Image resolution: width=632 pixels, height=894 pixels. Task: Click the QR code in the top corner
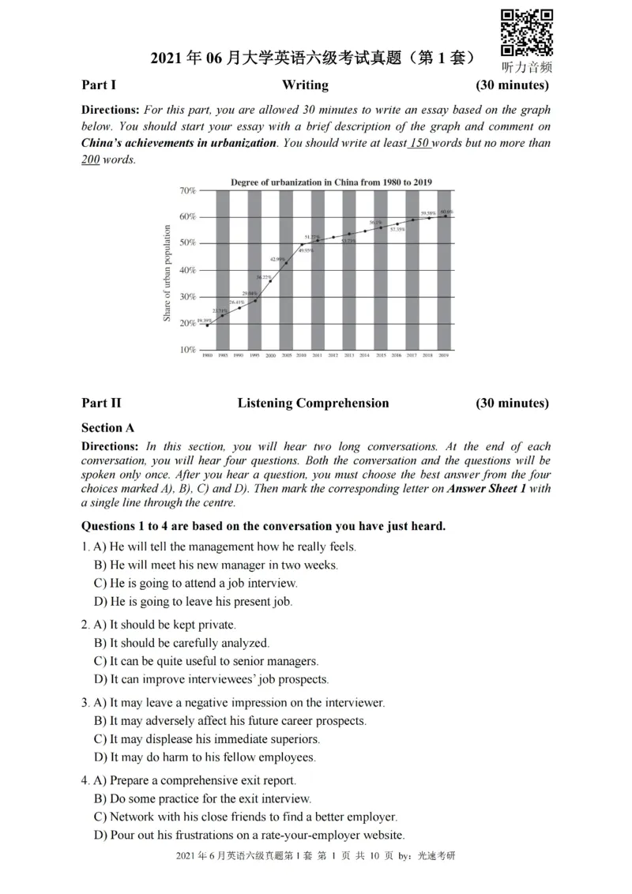(x=527, y=32)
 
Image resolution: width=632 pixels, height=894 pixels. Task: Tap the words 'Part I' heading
(x=99, y=85)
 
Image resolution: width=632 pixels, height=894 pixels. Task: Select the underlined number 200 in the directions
(x=91, y=160)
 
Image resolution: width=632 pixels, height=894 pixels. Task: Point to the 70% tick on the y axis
(x=187, y=190)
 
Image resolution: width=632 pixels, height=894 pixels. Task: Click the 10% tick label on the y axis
(x=187, y=350)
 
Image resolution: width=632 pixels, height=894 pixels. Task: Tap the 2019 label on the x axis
(x=444, y=357)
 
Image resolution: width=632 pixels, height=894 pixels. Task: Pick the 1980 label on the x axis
(x=208, y=357)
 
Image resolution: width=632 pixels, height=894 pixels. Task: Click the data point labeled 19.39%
(x=208, y=325)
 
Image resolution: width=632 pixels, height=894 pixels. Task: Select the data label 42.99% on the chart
(x=277, y=259)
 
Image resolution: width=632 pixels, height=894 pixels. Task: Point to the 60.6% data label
(x=446, y=212)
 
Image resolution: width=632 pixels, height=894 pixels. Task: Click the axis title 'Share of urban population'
(x=167, y=272)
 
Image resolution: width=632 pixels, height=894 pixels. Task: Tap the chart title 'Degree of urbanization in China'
(x=331, y=182)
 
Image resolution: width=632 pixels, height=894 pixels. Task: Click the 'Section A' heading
(x=107, y=428)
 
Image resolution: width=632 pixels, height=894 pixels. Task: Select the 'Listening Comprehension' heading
(x=313, y=404)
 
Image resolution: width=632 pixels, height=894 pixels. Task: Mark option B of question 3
(x=230, y=721)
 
